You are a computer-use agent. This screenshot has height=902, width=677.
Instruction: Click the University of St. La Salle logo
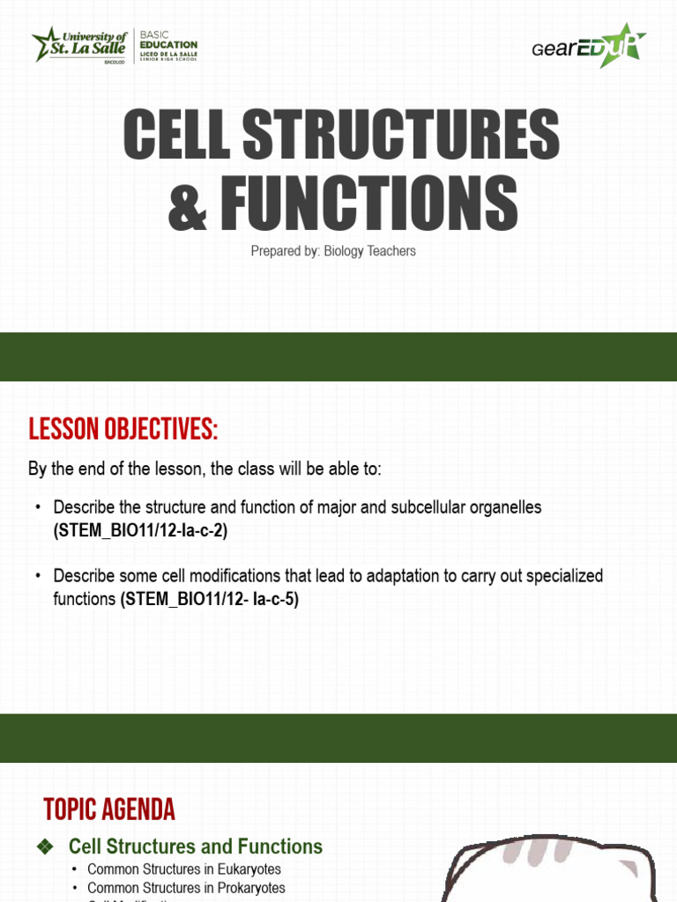pyautogui.click(x=79, y=45)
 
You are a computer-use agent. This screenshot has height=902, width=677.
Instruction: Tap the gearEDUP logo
pyautogui.click(x=589, y=45)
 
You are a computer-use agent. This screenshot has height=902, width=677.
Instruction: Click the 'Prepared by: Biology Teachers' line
pyautogui.click(x=333, y=251)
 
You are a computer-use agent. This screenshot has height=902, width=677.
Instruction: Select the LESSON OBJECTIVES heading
pyautogui.click(x=123, y=431)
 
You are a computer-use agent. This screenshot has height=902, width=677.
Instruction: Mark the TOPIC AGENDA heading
pyautogui.click(x=109, y=810)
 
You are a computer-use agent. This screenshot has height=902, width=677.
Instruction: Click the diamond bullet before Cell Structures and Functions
pyautogui.click(x=47, y=847)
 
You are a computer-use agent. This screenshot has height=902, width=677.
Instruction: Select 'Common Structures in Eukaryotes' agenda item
pyautogui.click(x=184, y=869)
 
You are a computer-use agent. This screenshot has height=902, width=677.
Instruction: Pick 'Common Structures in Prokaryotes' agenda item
pyautogui.click(x=186, y=888)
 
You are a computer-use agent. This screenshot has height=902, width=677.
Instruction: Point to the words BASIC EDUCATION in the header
pyautogui.click(x=167, y=41)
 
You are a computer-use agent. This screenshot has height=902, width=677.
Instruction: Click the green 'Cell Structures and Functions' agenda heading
pyautogui.click(x=196, y=847)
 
